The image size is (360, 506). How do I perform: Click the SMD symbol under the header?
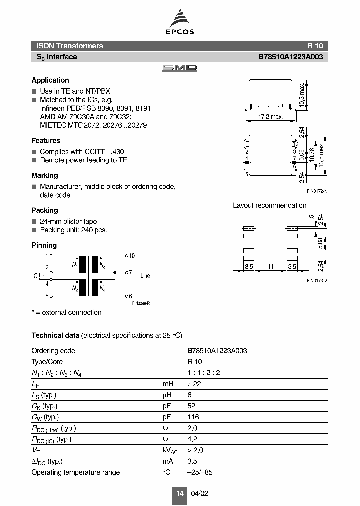click(x=180, y=68)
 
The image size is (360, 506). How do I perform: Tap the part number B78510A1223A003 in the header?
click(x=290, y=57)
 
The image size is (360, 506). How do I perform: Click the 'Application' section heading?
click(x=50, y=80)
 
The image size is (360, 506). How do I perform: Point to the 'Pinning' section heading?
click(x=44, y=245)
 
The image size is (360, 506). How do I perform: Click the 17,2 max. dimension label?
click(x=270, y=117)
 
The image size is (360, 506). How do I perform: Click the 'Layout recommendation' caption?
click(x=270, y=205)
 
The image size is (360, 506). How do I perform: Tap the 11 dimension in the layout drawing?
click(x=270, y=267)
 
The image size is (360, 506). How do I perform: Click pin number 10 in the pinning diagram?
click(x=132, y=256)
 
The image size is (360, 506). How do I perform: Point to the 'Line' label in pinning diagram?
click(x=145, y=276)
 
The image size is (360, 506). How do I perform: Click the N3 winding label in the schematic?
click(x=102, y=265)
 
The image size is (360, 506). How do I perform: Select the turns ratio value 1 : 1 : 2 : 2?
click(x=204, y=373)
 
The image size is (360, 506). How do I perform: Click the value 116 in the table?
click(x=193, y=417)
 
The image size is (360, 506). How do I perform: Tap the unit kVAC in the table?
click(x=170, y=451)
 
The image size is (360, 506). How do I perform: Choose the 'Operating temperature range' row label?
click(x=75, y=472)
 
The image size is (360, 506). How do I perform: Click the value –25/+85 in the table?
click(x=199, y=472)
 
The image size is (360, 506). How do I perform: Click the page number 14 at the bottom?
click(x=180, y=493)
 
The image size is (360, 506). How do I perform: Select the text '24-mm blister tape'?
click(x=68, y=221)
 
